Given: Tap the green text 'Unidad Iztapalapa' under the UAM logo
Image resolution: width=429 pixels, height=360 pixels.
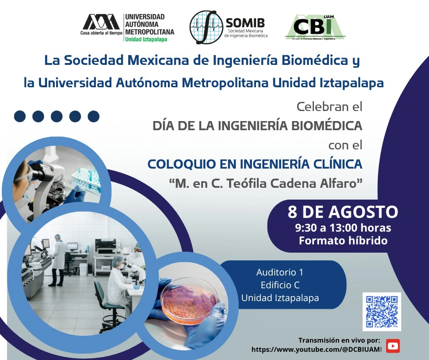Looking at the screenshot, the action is click(x=146, y=39).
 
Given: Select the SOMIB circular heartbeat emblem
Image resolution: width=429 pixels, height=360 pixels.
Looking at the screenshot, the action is click(x=206, y=27).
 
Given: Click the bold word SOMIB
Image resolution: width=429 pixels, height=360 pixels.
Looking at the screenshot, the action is click(x=245, y=23).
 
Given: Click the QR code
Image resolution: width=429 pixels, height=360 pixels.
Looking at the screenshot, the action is click(x=382, y=312).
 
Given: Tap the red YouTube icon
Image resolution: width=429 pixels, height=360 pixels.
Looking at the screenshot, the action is click(x=393, y=346).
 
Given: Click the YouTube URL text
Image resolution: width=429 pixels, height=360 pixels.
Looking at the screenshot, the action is click(x=316, y=349).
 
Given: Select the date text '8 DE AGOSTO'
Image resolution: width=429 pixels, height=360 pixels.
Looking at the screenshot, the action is click(x=343, y=212).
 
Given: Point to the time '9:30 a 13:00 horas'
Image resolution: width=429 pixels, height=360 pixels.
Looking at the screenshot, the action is click(x=343, y=228).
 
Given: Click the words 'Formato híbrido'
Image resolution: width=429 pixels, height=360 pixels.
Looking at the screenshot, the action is click(x=343, y=241).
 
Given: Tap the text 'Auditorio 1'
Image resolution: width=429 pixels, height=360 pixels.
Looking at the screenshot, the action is click(x=280, y=272).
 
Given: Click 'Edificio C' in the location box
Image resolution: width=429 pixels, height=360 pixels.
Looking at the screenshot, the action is click(x=280, y=285).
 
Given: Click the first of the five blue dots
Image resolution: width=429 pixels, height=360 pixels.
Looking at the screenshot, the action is click(x=20, y=116).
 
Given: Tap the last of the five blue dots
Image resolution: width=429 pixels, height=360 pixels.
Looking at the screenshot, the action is click(x=94, y=116).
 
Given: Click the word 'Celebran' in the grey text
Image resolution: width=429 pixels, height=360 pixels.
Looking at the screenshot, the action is click(x=319, y=106).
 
